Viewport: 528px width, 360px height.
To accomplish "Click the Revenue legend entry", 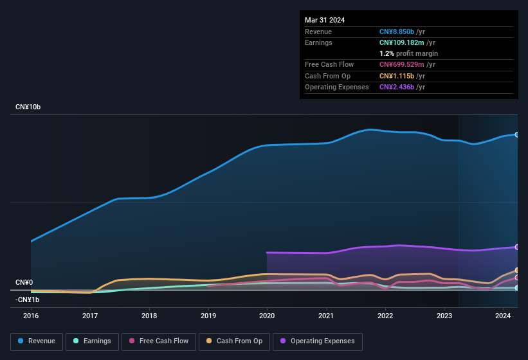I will [x=37, y=341].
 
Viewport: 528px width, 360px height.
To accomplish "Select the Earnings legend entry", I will [x=92, y=341].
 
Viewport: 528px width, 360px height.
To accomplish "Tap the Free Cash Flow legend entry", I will [x=159, y=341].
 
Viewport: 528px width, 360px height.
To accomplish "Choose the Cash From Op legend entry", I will [x=234, y=341].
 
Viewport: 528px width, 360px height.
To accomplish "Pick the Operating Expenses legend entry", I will [x=317, y=341].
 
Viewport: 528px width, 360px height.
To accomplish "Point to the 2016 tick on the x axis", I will [x=31, y=316].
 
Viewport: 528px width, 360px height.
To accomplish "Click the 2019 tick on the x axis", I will [x=208, y=316].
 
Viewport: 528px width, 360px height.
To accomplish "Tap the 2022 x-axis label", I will [x=385, y=316].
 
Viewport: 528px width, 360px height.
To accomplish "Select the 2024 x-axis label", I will [x=503, y=316].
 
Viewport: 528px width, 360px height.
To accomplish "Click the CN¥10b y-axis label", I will [x=28, y=107].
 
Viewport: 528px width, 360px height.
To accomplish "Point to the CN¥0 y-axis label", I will [x=24, y=283].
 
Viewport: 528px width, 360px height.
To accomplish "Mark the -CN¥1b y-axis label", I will [x=28, y=300].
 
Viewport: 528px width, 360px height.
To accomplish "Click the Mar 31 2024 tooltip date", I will [x=325, y=20].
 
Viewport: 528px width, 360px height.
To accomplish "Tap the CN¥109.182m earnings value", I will [x=402, y=42].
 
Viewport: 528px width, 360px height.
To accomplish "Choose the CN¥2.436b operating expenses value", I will [x=397, y=87].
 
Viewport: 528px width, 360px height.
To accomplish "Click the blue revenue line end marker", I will [x=517, y=134].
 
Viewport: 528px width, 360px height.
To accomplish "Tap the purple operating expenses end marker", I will [x=517, y=247].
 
